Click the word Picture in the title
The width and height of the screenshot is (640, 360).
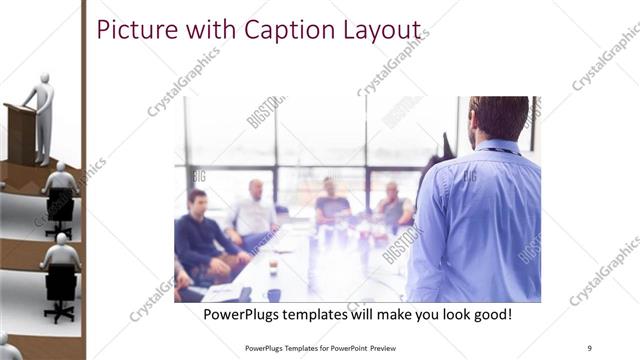click(x=132, y=31)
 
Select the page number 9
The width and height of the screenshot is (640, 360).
click(x=590, y=347)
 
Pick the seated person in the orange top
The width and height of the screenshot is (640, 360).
click(x=331, y=205)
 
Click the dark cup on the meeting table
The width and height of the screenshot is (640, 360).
click(x=273, y=295)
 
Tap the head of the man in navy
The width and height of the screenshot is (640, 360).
click(x=197, y=199)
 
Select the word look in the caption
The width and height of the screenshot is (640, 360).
click(x=443, y=314)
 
